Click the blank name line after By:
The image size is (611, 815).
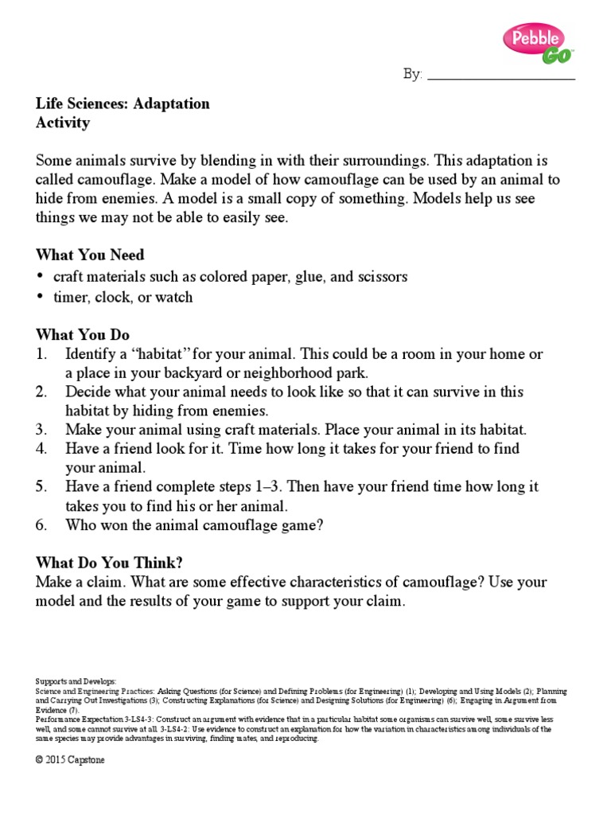point(501,75)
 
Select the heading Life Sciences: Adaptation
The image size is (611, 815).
point(123,103)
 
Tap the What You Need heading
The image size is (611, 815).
point(90,255)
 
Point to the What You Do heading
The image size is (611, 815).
point(83,334)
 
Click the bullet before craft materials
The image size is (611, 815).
point(41,277)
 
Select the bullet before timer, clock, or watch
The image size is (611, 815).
point(41,298)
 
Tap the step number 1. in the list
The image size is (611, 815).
point(43,353)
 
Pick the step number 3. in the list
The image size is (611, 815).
point(43,430)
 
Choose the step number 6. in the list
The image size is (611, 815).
point(43,525)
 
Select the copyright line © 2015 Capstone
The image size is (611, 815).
point(70,760)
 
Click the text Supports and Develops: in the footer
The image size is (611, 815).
point(76,682)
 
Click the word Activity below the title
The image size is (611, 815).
point(63,123)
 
